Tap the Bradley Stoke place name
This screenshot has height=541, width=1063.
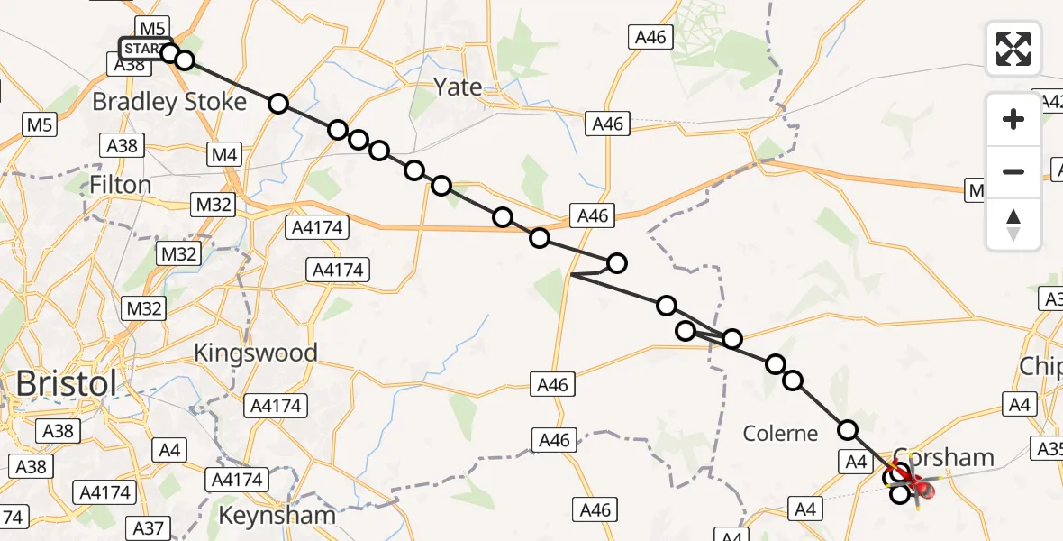pos(169,102)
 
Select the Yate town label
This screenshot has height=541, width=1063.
pos(458,87)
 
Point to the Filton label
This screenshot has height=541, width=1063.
pos(121,185)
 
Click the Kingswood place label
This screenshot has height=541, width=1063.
pos(256,353)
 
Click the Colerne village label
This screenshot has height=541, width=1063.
pos(780,434)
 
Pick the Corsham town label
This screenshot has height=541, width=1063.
pos(944,458)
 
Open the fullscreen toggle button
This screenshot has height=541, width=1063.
pos(1013,49)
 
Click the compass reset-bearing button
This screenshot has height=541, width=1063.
pos(1013,225)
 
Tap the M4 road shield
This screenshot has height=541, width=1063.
pos(223,155)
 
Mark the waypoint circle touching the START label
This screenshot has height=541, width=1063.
pos(170,52)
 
